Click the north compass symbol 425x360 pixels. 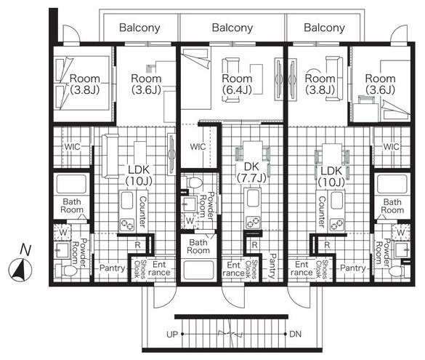coord(20,270)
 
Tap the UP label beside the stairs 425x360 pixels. coord(172,335)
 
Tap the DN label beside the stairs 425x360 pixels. coord(296,334)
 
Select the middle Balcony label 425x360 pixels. coord(232,28)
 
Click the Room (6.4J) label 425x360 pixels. coord(237,84)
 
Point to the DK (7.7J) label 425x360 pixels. coord(251,172)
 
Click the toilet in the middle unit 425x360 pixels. coord(195,183)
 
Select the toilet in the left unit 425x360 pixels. coord(66,271)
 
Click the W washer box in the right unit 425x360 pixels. coord(400,232)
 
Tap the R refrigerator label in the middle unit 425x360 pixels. coord(254,245)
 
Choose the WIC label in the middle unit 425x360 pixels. coord(198,147)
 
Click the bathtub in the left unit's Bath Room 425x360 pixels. coord(71,184)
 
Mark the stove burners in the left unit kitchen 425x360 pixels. coord(127,225)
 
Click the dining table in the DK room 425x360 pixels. coord(253,152)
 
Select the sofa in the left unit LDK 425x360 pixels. coord(110,156)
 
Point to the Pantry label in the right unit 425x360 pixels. coord(353,268)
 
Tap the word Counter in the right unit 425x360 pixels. coord(321,212)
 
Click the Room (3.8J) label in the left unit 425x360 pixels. coord(85,84)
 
